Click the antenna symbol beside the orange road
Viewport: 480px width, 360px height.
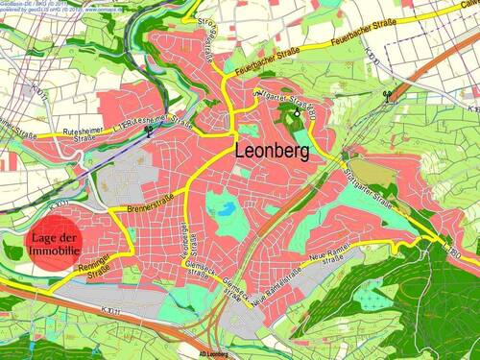point(387,96)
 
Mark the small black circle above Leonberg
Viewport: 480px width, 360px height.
point(298,113)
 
